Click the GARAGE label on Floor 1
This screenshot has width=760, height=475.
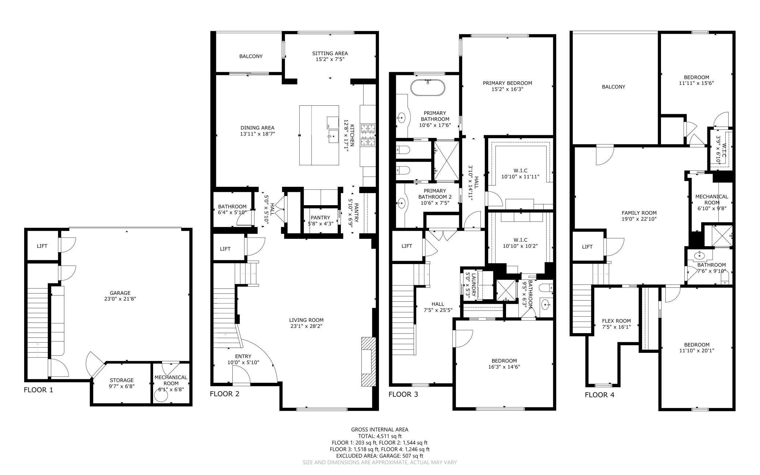coord(120,293)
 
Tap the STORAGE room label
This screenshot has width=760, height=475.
coord(122,380)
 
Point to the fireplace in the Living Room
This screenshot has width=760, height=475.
coord(368,362)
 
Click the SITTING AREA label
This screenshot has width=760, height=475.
coord(330,53)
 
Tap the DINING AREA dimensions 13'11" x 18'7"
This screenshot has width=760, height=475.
coord(257,134)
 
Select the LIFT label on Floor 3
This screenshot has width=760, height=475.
coord(407,246)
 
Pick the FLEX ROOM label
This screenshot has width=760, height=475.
coord(616,321)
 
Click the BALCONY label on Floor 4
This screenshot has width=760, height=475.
coord(613,87)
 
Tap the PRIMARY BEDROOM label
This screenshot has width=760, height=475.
coord(507,83)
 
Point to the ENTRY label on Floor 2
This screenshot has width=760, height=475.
coord(243,357)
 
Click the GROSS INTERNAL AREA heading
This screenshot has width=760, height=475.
coord(380,430)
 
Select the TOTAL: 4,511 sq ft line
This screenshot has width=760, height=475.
coord(380,436)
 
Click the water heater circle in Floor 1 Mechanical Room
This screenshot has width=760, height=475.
coord(161,395)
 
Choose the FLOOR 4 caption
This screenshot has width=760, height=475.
coord(600,395)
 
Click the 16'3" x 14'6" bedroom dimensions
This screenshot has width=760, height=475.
coord(505,367)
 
